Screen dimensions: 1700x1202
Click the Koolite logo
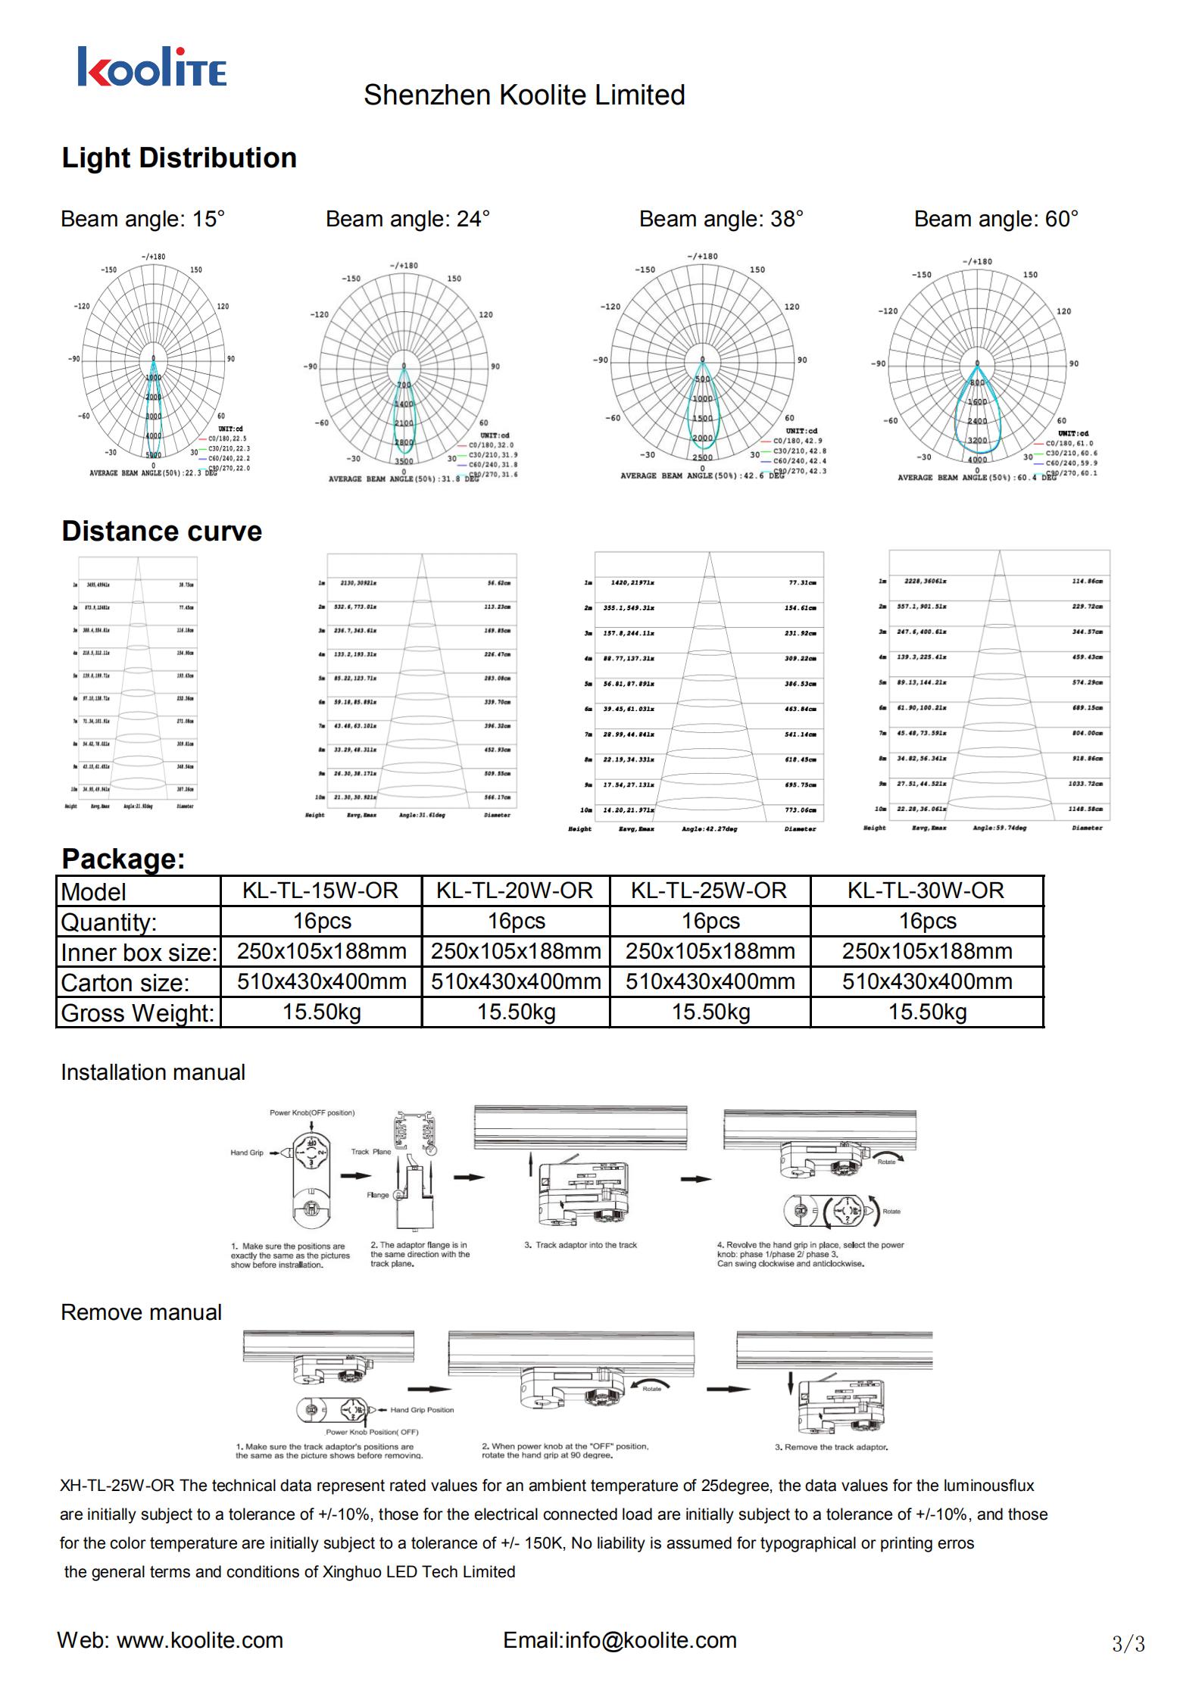(x=151, y=67)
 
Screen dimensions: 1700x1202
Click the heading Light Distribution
(x=179, y=158)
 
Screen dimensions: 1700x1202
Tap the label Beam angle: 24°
(x=407, y=219)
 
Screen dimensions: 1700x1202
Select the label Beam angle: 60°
(x=996, y=219)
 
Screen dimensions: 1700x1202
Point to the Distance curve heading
(x=161, y=531)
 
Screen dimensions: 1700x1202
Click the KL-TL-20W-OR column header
(x=514, y=891)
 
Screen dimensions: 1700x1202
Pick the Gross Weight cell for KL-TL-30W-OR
(x=927, y=1012)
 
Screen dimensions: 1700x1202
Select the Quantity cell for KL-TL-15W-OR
(x=322, y=921)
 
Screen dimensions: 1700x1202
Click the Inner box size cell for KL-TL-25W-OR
(x=710, y=951)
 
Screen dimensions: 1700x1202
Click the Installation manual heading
(x=153, y=1072)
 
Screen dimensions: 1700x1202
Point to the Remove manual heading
(x=141, y=1312)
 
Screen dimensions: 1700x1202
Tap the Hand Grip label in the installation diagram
(x=247, y=1153)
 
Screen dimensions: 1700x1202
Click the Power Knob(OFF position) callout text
(x=312, y=1112)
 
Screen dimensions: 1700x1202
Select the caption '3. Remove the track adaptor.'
(x=831, y=1447)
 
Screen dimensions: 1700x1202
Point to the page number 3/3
(x=1128, y=1644)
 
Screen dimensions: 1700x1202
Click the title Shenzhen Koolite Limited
(x=524, y=95)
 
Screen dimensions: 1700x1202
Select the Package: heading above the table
(x=123, y=859)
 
